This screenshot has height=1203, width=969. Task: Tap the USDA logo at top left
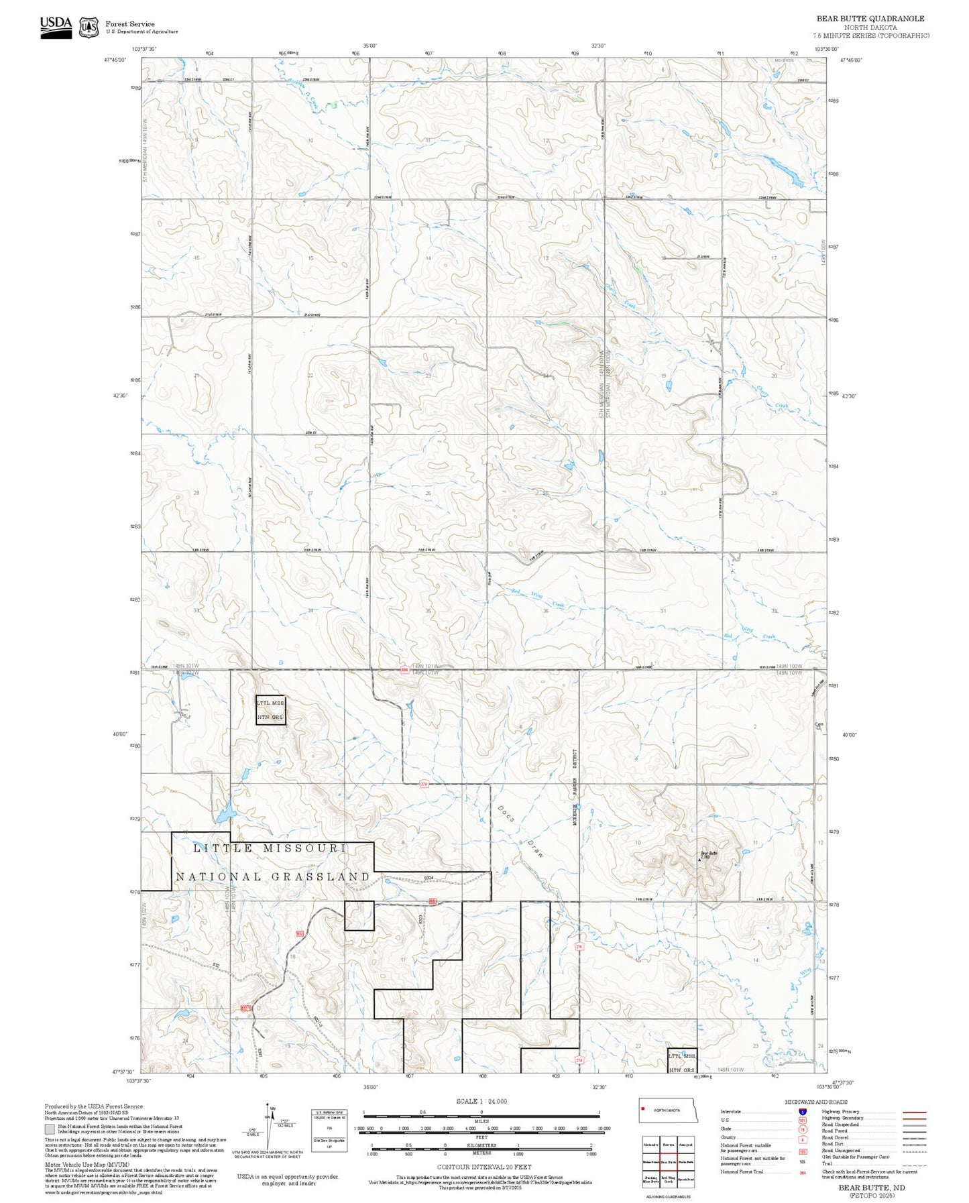(56, 26)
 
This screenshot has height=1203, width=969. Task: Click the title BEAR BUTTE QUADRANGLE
(870, 19)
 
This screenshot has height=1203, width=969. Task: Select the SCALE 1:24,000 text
(481, 1101)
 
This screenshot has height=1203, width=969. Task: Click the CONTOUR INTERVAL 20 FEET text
(480, 1167)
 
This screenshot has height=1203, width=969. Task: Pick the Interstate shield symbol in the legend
(802, 1112)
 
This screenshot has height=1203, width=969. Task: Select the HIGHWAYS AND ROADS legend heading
(815, 1102)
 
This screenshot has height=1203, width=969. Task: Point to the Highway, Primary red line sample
(914, 1112)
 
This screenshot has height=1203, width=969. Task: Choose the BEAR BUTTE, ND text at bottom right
(871, 1187)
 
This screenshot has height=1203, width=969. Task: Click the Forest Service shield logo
(89, 27)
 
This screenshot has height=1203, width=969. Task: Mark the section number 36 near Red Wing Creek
(546, 611)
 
